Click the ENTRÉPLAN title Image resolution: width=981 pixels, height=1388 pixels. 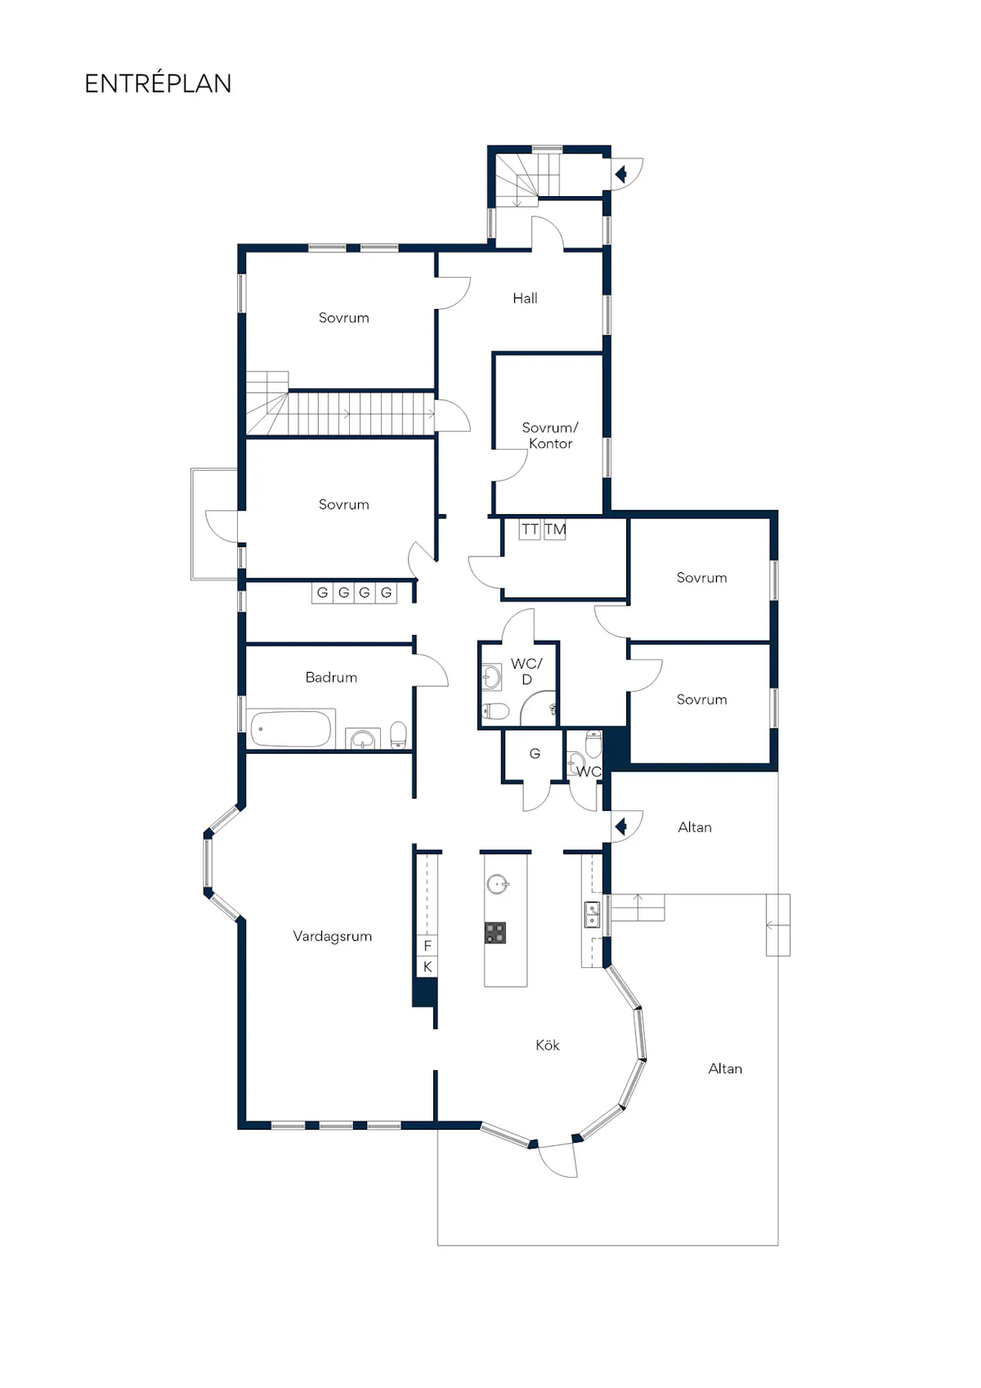tap(158, 83)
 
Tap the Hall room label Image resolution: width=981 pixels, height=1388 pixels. tap(525, 298)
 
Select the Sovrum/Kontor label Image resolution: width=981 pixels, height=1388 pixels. tap(550, 436)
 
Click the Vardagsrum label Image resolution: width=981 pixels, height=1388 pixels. tap(332, 936)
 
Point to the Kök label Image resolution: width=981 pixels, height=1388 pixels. tap(547, 1045)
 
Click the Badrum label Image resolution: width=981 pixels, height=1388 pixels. tap(331, 678)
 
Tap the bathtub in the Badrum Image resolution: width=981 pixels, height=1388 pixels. tap(291, 728)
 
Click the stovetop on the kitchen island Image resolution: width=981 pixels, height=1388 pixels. tap(495, 933)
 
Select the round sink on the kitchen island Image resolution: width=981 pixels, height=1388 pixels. tap(497, 884)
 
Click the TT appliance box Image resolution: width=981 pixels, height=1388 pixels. tap(530, 530)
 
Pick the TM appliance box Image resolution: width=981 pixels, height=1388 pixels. tap(554, 530)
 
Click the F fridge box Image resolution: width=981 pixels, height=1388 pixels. tap(427, 946)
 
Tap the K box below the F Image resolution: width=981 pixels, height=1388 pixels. tap(427, 967)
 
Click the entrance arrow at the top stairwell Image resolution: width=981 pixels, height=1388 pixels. tap(620, 174)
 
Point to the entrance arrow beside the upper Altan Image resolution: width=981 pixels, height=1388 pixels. tap(620, 826)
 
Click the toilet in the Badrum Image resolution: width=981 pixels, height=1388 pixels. tap(398, 735)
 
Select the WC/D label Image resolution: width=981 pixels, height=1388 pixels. tap(526, 671)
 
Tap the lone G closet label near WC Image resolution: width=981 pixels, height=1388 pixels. tap(535, 754)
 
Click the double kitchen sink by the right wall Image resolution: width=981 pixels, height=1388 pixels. tap(593, 915)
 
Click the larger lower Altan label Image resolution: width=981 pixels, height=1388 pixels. tap(725, 1068)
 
